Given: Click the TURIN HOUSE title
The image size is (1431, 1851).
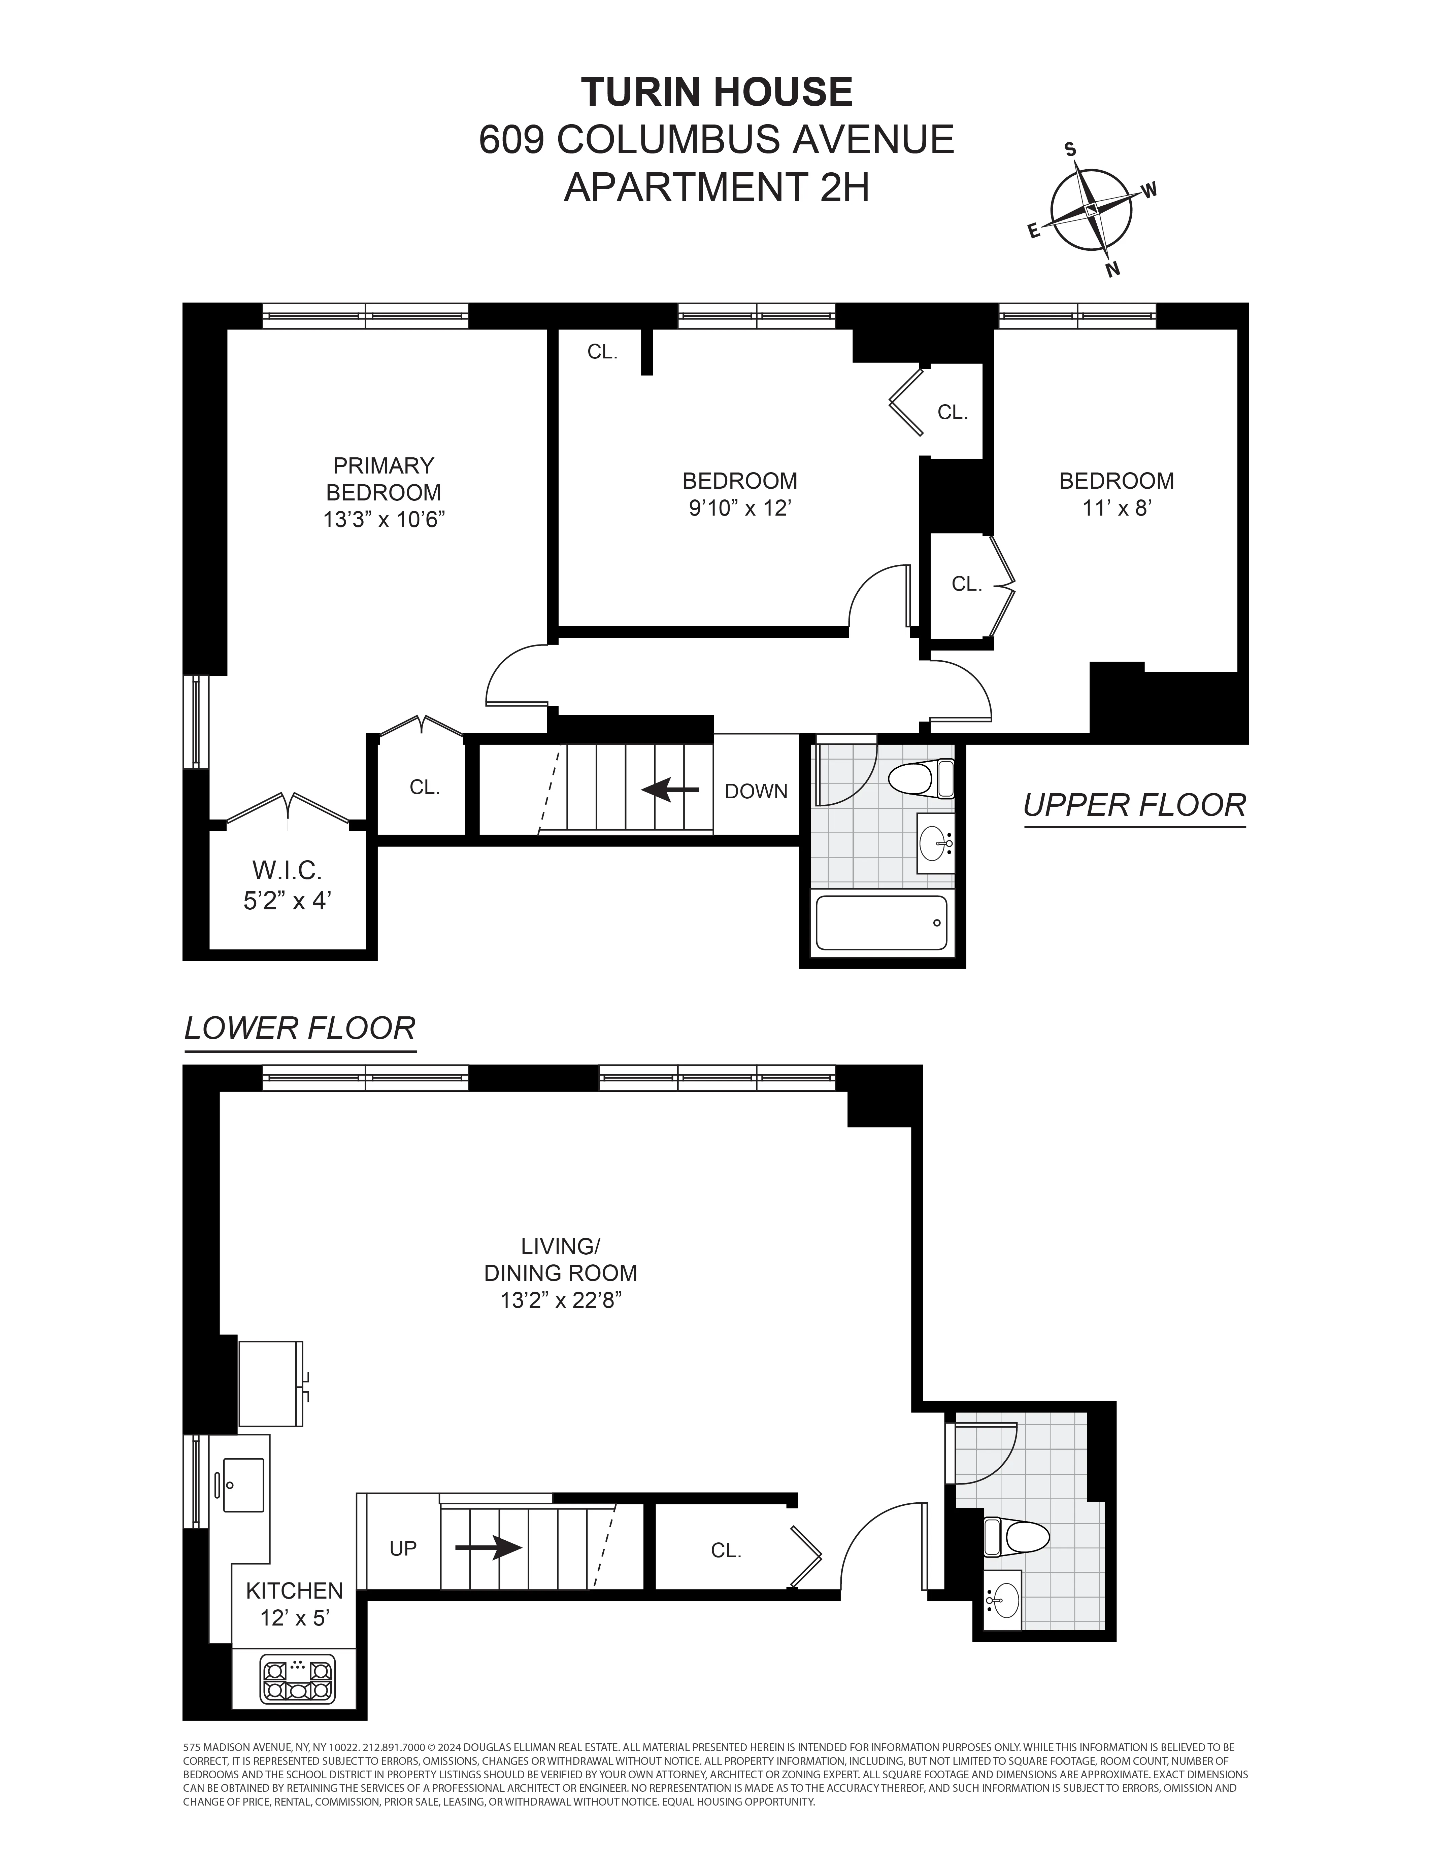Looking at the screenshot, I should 717,92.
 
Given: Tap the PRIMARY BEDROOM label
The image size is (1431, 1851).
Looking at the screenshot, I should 383,479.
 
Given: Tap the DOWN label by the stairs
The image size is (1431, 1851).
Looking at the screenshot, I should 755,791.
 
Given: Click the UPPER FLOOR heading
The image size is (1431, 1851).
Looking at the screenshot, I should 1134,805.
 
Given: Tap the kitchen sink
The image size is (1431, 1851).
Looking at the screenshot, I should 243,1484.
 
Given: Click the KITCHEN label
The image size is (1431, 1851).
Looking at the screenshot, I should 294,1591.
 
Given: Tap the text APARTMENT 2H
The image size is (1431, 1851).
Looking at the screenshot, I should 717,187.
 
